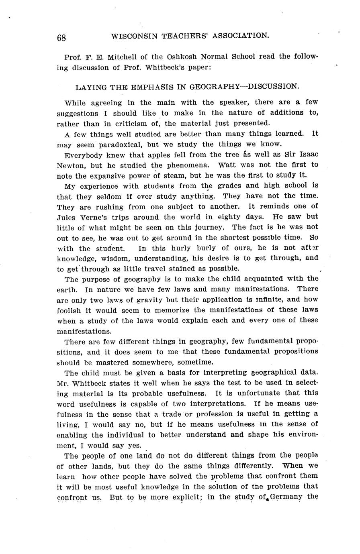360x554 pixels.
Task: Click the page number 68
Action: coord(61,37)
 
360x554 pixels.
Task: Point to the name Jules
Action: coord(67,217)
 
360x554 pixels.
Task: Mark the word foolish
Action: coord(69,310)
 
